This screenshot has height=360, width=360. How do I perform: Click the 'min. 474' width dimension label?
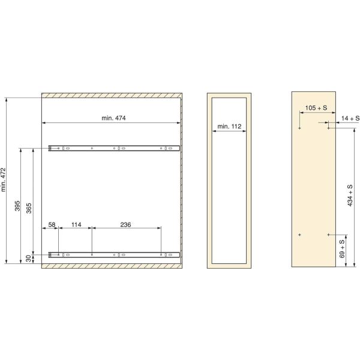[113, 118]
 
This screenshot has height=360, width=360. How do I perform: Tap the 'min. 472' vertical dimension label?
[3, 179]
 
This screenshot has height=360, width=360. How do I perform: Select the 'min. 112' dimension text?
[229, 126]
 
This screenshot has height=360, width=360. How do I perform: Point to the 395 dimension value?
[17, 206]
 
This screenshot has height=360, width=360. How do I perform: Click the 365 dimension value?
[29, 208]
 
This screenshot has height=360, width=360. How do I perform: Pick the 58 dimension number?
[52, 224]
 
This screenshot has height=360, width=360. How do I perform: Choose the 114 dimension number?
[76, 224]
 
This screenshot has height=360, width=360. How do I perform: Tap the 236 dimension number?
[125, 224]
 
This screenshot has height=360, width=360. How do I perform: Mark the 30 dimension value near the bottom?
[28, 259]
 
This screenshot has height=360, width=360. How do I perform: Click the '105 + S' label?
[316, 107]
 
